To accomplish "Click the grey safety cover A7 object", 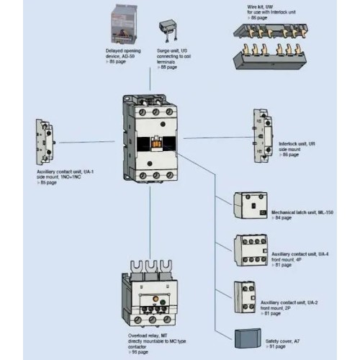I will (249, 336).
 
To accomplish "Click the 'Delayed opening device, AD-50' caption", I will (122, 53).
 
